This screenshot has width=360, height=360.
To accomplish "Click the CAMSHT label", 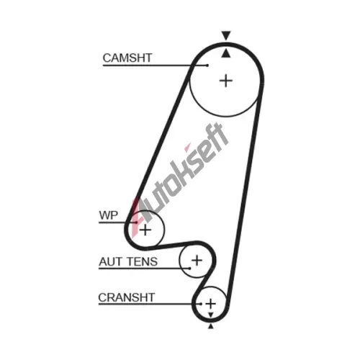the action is pyautogui.click(x=127, y=58).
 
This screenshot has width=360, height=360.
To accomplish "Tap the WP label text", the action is pyautogui.click(x=109, y=215).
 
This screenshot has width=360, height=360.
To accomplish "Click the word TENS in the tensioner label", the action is pyautogui.click(x=143, y=261).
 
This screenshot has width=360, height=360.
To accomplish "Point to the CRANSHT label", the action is pyautogui.click(x=127, y=297).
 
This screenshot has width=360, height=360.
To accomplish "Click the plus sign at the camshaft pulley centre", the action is pyautogui.click(x=226, y=81).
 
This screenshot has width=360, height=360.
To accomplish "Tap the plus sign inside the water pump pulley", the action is pyautogui.click(x=145, y=230).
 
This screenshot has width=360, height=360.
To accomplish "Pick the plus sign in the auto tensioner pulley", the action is pyautogui.click(x=197, y=261).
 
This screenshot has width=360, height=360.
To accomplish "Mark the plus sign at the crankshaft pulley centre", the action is pyautogui.click(x=211, y=304).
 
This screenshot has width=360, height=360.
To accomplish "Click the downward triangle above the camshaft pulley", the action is pyautogui.click(x=226, y=35).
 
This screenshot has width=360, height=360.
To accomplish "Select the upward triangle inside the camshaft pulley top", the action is pyautogui.click(x=226, y=53).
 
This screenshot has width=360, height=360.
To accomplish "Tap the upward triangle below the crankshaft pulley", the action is pyautogui.click(x=211, y=326).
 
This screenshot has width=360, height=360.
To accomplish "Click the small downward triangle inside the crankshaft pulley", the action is pyautogui.click(x=211, y=315).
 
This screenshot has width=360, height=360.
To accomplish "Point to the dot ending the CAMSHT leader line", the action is pyautogui.click(x=207, y=66).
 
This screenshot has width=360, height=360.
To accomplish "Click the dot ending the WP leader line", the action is pyautogui.click(x=137, y=222).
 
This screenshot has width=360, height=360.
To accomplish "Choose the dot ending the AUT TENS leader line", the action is pyautogui.click(x=190, y=269).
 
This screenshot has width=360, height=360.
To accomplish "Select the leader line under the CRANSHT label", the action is pyautogui.click(x=150, y=304).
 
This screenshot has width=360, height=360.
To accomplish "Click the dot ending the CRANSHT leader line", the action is pyautogui.click(x=201, y=304).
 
